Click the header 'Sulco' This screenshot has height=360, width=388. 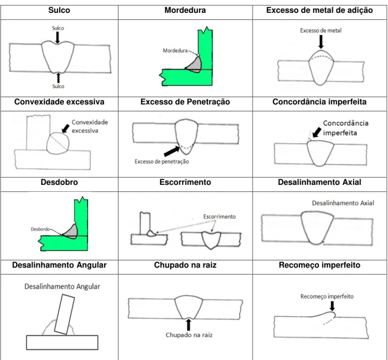point(59,10)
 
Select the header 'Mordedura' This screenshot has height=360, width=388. point(185,10)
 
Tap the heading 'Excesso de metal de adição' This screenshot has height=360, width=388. point(319,10)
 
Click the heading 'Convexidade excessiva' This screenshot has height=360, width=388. point(59,102)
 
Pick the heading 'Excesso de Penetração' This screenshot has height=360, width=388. point(185,102)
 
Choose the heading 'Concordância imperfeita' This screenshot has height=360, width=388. point(319,102)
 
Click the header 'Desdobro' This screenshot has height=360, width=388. point(59,182)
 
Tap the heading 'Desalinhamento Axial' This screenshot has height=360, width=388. point(319,182)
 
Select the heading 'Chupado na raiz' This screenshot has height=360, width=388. point(185,265)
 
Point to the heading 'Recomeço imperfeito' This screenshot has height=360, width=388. point(319,265)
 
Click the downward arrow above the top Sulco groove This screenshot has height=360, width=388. point(57,38)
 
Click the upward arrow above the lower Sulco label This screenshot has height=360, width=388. point(58,77)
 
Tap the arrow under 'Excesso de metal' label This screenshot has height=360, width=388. point(321,42)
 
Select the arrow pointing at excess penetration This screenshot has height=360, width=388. point(172,151)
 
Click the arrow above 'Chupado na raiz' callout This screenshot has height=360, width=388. point(188,325)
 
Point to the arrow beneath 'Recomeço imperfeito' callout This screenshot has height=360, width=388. point(332,306)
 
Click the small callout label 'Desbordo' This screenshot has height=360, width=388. point(40,229)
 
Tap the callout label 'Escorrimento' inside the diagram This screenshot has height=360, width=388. point(219,217)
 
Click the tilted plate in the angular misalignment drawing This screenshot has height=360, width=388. point(64,314)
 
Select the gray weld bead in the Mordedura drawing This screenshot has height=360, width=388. point(195,66)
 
